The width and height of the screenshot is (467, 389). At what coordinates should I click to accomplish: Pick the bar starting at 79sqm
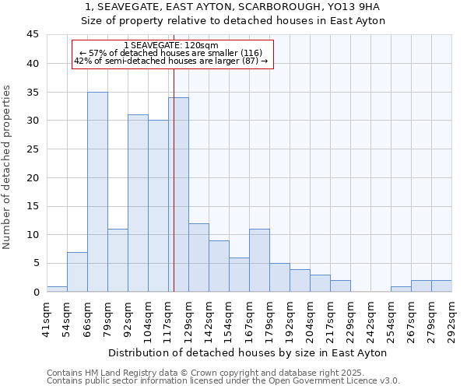pos(118,260)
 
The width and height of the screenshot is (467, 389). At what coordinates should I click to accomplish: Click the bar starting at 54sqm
pos(77,272)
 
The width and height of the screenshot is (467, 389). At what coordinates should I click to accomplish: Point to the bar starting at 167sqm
pos(259,260)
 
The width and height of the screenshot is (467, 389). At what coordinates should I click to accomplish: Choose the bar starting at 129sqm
pos(198,258)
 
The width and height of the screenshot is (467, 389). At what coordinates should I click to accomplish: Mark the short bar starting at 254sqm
pos(401,289)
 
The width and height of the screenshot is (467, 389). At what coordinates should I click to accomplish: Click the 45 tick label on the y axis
pos(33,35)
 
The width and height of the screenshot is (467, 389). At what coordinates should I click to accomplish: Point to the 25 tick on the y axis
pos(33,149)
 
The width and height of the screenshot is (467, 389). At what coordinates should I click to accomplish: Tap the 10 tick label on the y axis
pos(33,235)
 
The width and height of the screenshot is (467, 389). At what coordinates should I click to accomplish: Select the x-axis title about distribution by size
pos(248,352)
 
